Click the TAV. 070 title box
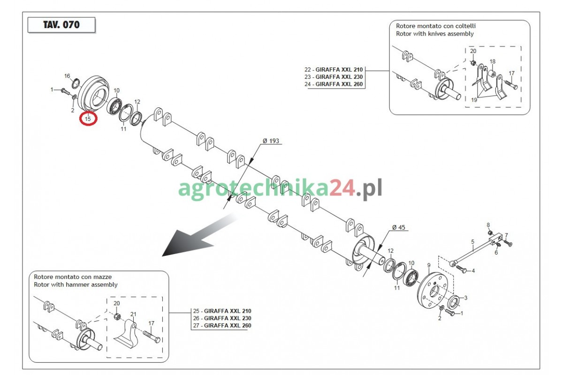[x=61, y=25]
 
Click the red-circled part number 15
[x=88, y=119]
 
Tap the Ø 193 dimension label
[x=271, y=141]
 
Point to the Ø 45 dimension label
[x=399, y=227]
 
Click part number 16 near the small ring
[x=67, y=76]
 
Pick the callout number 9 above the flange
[x=429, y=265]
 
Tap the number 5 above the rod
[x=473, y=241]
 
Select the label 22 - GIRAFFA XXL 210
[x=334, y=69]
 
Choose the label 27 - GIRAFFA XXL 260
[x=222, y=325]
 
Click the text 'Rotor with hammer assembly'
[x=76, y=285]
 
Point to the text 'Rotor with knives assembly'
[x=435, y=34]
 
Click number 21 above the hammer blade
[x=133, y=314]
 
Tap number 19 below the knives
[x=474, y=100]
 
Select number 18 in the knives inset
[x=492, y=61]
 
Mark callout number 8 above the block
[x=488, y=225]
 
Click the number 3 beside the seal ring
[x=466, y=298]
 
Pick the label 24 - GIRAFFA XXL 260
[x=334, y=84]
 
